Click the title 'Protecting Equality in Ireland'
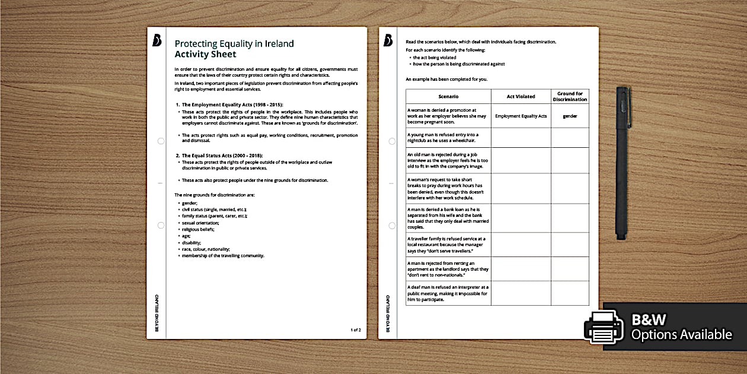point(234,43)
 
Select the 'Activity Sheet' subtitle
point(205,54)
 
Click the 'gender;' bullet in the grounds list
point(190,202)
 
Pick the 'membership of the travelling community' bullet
point(223,255)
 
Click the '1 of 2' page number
point(355,329)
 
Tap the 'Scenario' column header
point(448,96)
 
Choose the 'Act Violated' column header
point(521,96)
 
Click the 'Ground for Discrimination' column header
point(570,96)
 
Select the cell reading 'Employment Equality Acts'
point(521,116)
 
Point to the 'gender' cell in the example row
point(570,116)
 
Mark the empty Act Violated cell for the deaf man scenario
point(521,293)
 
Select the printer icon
point(604,327)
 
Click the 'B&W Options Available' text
point(681,327)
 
